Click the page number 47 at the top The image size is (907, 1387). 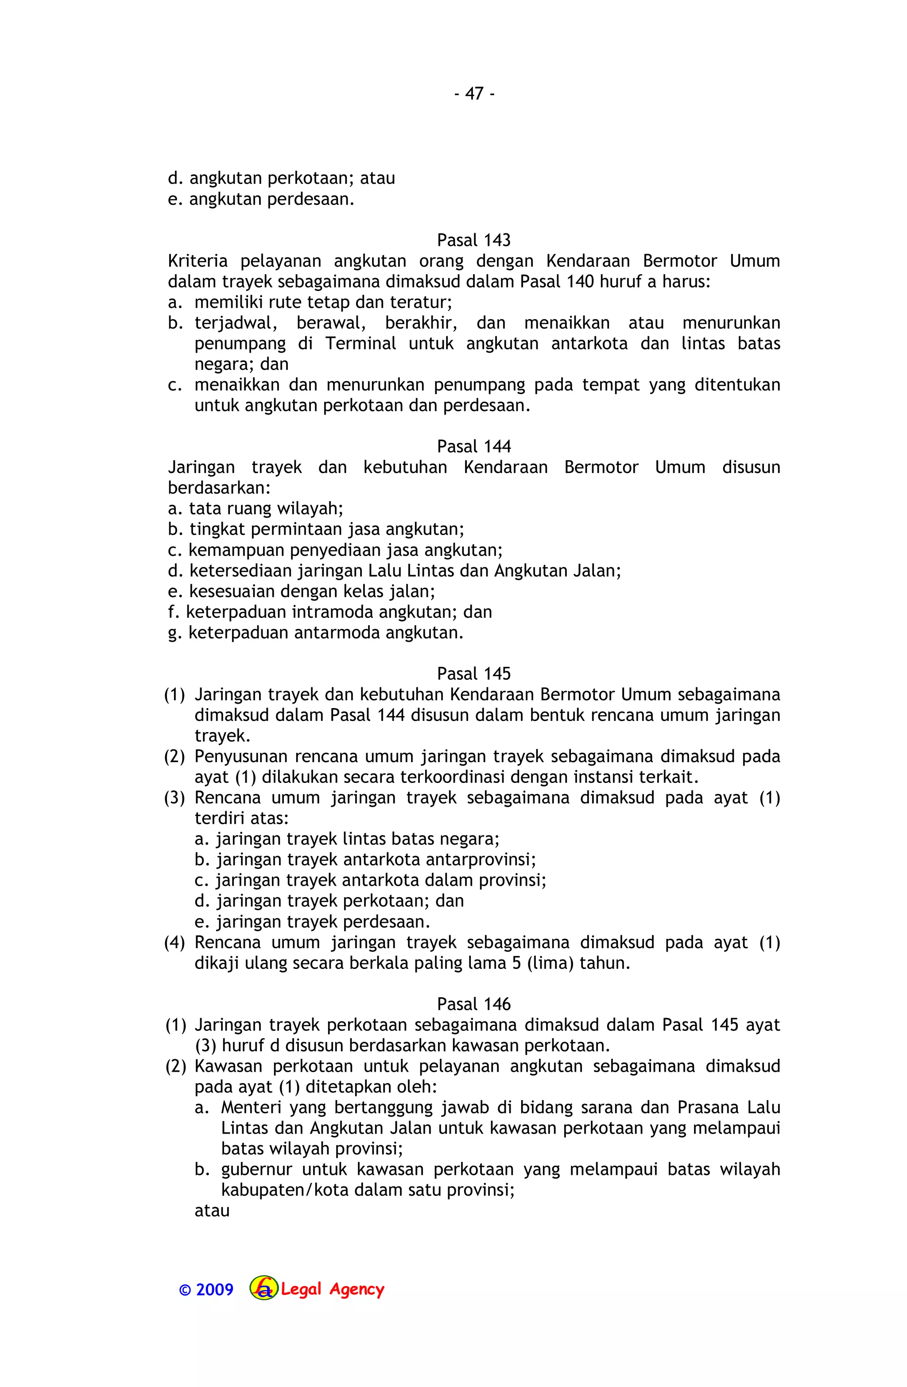pos(474,94)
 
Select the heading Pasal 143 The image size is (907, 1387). pos(473,240)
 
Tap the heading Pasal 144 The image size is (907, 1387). pos(473,446)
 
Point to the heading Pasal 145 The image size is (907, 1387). pos(473,674)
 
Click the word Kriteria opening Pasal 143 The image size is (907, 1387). pos(198,261)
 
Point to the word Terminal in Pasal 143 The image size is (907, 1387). pos(360,344)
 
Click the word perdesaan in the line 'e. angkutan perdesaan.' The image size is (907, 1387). pos(311,200)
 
